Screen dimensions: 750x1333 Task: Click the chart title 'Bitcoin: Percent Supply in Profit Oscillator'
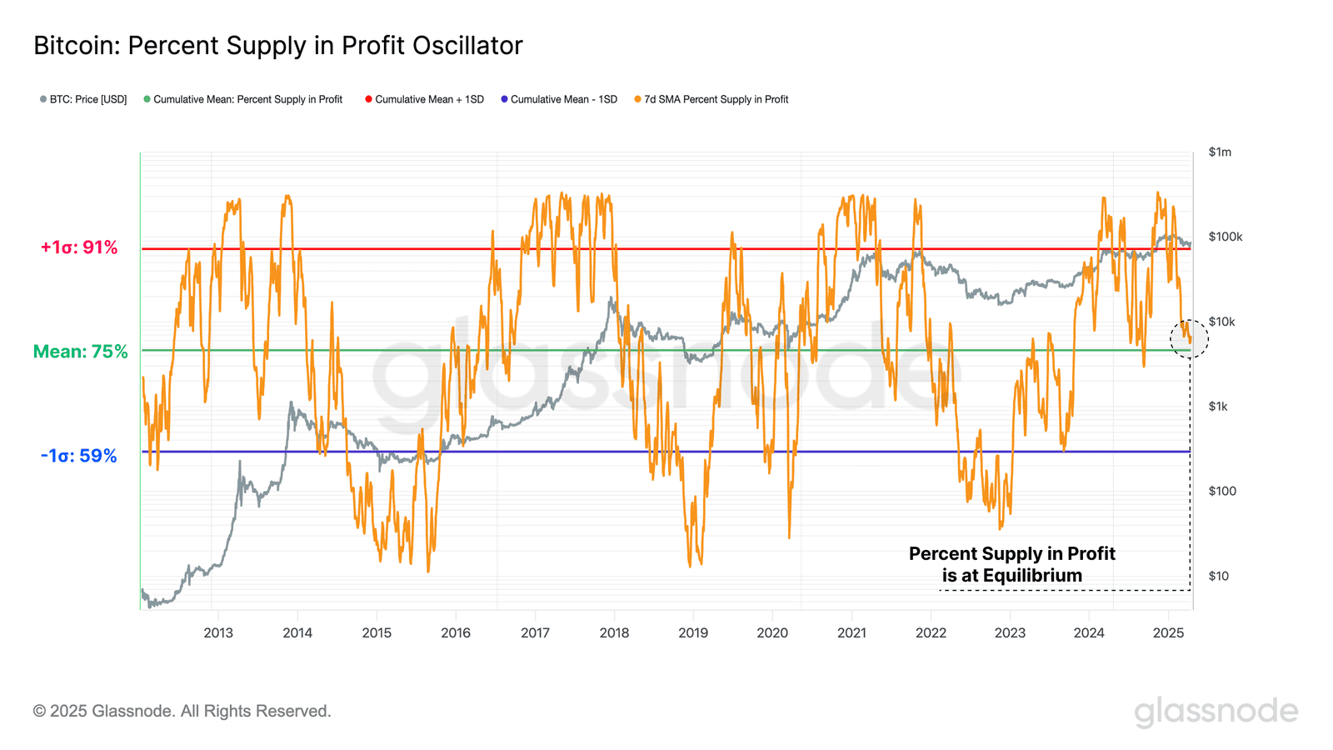pos(277,46)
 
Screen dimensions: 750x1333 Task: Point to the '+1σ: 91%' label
pos(79,247)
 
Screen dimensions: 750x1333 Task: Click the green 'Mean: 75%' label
pos(80,352)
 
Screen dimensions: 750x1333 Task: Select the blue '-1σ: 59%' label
pos(78,456)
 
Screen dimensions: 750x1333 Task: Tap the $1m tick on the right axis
pos(1220,152)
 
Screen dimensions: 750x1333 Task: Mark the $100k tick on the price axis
pos(1225,237)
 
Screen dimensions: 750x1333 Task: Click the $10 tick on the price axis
pos(1218,576)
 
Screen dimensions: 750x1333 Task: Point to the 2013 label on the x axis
pos(218,633)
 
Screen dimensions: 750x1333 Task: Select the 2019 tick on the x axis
pos(693,633)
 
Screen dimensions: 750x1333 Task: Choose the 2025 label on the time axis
pos(1168,633)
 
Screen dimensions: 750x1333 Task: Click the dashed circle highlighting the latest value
pos(1189,338)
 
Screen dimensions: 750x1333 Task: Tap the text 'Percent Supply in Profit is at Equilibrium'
pos(1011,564)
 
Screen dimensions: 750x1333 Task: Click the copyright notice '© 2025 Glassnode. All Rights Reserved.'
pos(182,711)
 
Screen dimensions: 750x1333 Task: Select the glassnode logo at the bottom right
pos(1216,712)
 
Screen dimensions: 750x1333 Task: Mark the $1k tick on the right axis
pos(1218,407)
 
